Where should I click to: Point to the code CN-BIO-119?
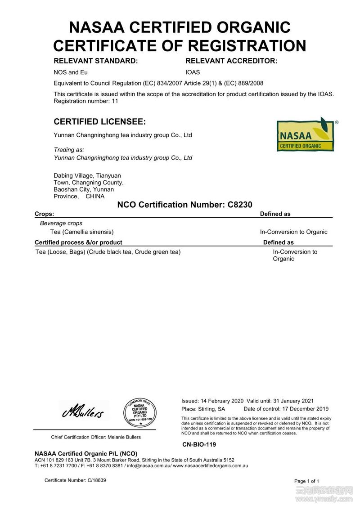199,444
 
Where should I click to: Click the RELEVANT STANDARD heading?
95,61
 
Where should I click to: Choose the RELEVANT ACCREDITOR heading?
231,61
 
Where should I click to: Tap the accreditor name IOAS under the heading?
193,72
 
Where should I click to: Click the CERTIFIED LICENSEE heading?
99,122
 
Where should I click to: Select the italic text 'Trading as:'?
69,149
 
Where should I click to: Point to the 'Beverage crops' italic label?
61,223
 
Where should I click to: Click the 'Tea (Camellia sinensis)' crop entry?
82,232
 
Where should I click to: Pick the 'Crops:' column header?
45,214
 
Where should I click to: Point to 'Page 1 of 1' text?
306,481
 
